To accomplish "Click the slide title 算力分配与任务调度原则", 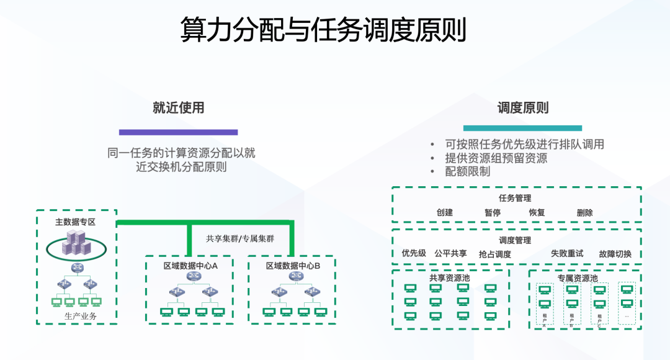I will (323, 30).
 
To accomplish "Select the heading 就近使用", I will (179, 107).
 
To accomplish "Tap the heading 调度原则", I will (523, 107).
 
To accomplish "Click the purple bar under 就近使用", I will (179, 132).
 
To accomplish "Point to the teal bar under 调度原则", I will (522, 128).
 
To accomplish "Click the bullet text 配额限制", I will (467, 171).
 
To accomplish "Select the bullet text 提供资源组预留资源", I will (496, 158).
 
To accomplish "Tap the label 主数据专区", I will (76, 222).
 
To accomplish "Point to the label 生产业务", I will (81, 316).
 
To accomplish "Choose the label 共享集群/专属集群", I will (239, 238).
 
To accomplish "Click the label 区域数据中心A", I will (190, 266).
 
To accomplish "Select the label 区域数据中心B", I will (293, 266).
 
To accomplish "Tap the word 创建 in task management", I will (445, 212).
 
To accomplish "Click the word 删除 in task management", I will (584, 212).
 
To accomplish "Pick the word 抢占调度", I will (494, 254).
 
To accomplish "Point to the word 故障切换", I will (615, 254).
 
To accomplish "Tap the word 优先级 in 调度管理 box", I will (414, 253).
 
